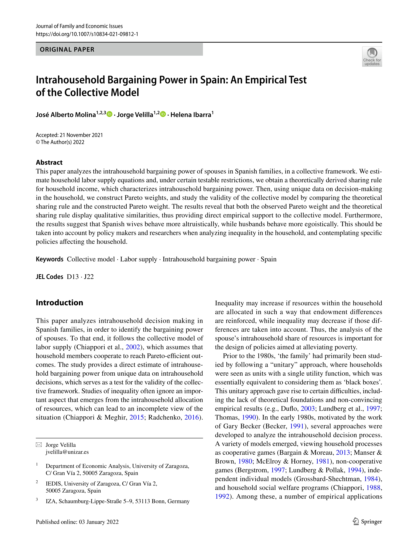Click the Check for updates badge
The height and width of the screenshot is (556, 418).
pyautogui.click(x=372, y=57)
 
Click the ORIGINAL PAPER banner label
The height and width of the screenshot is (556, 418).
pyautogui.click(x=67, y=49)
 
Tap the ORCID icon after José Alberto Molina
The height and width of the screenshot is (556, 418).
pyautogui.click(x=109, y=114)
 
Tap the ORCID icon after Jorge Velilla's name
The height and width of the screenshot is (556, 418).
pyautogui.click(x=163, y=114)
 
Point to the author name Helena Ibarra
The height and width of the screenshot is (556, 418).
pyautogui.click(x=191, y=115)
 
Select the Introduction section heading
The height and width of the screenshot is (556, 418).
pyautogui.click(x=59, y=303)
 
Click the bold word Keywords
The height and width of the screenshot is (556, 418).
pyautogui.click(x=49, y=259)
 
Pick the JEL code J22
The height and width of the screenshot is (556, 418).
pyautogui.click(x=89, y=277)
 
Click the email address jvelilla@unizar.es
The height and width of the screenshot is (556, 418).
pyautogui.click(x=67, y=452)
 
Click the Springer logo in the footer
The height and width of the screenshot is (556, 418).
pyautogui.click(x=367, y=522)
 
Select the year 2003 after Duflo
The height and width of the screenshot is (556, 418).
pyautogui.click(x=308, y=409)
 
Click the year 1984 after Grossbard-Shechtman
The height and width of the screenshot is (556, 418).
pyautogui.click(x=371, y=479)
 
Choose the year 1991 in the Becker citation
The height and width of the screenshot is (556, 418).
pyautogui.click(x=297, y=426)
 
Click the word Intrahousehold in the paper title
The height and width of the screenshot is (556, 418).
pyautogui.click(x=70, y=80)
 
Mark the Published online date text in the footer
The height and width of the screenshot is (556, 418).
pyautogui.click(x=77, y=522)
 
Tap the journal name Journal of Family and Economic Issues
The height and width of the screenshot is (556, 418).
pyautogui.click(x=79, y=26)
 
